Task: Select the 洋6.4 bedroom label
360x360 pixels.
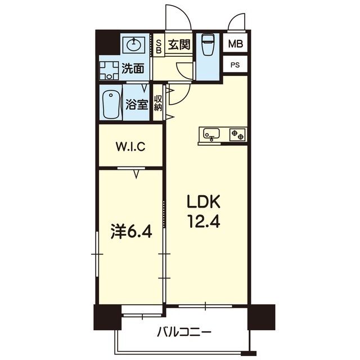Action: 131,232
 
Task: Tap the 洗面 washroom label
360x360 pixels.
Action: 133,69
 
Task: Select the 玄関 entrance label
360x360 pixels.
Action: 178,43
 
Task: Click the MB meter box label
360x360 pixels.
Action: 235,43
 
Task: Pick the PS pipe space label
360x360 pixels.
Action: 235,64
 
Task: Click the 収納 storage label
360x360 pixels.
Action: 158,102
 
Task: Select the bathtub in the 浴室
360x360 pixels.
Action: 111,103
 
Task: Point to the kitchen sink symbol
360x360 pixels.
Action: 212,134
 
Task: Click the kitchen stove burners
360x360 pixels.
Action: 237,134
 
